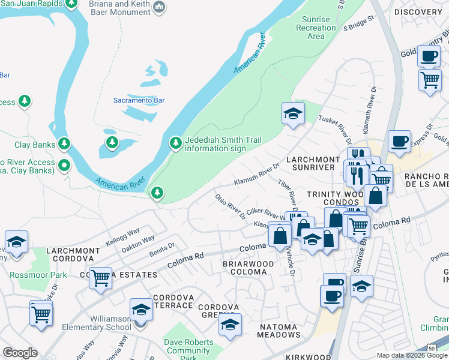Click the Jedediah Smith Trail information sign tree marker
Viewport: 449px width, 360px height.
[175, 143]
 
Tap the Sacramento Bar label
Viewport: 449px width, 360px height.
[139, 101]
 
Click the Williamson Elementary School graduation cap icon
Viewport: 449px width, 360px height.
[141, 310]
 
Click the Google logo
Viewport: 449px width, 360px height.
[20, 353]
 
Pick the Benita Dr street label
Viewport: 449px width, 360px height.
[163, 247]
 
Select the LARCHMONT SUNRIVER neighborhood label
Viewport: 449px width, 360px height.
[310, 163]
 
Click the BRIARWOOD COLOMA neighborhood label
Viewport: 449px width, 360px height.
[248, 268]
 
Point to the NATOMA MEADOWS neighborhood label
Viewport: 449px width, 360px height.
[280, 331]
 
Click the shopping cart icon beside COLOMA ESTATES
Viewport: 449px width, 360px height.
[100, 277]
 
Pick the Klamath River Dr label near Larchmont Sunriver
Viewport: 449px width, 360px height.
[257, 174]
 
